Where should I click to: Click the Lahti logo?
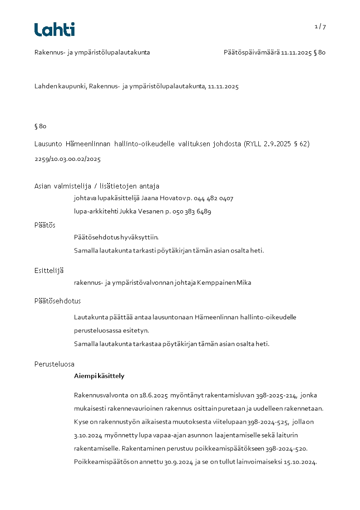(x=54, y=30)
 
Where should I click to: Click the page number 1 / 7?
(x=320, y=27)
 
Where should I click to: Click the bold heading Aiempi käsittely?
(x=99, y=376)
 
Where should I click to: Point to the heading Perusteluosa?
(x=54, y=364)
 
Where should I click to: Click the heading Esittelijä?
(x=49, y=271)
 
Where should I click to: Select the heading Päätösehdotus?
(x=58, y=301)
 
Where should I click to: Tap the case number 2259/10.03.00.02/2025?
(x=68, y=159)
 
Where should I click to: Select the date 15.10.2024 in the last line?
(x=300, y=462)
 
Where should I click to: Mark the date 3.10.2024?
(x=88, y=436)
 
